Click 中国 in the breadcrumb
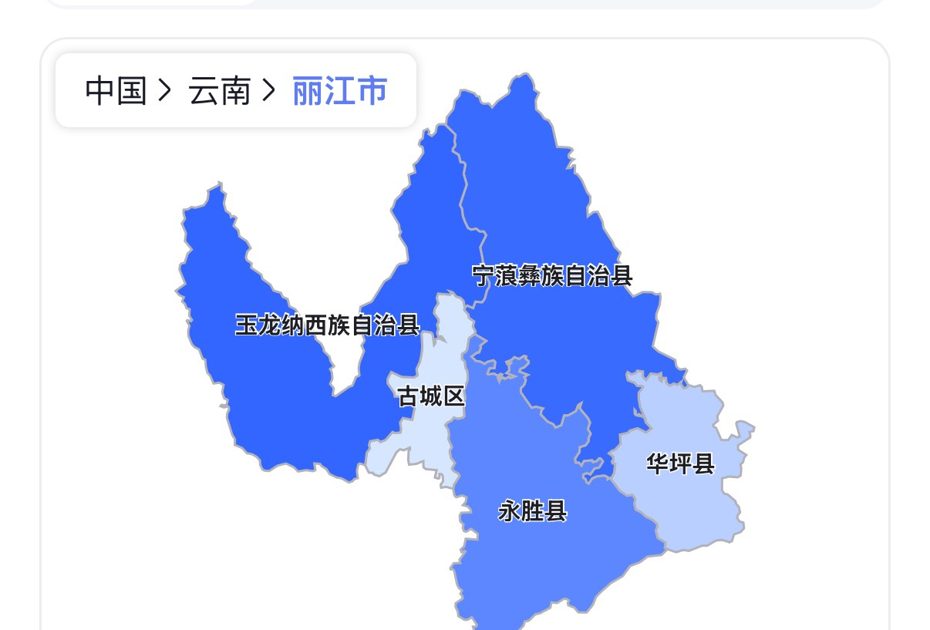[x=116, y=91]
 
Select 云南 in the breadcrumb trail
[x=220, y=91]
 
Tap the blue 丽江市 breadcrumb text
[x=339, y=91]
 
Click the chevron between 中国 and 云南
[x=163, y=91]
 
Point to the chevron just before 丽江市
[x=268, y=91]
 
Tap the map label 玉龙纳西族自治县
[x=327, y=325]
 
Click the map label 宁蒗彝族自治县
[x=552, y=275]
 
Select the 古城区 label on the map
[x=431, y=396]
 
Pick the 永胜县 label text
[x=533, y=510]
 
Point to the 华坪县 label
[x=680, y=463]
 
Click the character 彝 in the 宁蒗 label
[x=532, y=275]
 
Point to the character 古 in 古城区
[x=409, y=396]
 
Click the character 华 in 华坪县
[x=658, y=463]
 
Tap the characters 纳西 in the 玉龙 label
[x=304, y=325]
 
